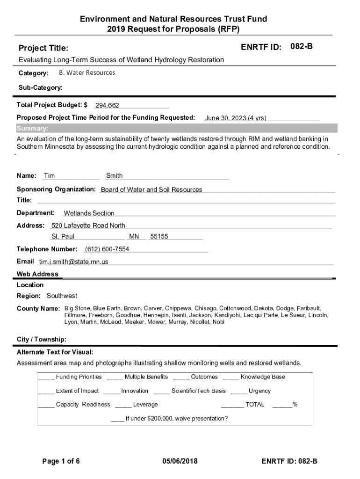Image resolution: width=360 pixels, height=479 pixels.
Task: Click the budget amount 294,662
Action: click(107, 106)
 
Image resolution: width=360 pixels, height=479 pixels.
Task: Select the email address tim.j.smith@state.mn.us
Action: click(73, 262)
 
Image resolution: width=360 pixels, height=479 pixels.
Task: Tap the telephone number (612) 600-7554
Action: click(107, 249)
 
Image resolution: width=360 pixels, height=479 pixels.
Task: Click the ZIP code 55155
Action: click(159, 237)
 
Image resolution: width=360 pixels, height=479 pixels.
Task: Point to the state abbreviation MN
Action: click(134, 237)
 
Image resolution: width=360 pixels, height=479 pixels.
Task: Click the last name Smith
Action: click(115, 176)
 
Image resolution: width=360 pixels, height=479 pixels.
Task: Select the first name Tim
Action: click(49, 176)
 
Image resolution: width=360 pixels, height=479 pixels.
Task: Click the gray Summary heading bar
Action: click(177, 129)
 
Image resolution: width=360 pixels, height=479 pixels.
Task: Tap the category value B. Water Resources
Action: click(87, 73)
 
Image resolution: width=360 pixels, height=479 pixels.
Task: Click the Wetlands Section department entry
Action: click(89, 213)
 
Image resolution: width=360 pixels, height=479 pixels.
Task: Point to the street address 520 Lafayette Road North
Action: click(88, 225)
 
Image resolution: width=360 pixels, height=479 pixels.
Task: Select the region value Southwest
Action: click(62, 296)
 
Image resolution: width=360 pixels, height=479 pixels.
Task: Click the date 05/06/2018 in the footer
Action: click(180, 461)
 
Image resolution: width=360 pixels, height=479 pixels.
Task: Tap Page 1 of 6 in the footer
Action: click(61, 461)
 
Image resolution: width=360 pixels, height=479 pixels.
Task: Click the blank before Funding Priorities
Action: click(46, 377)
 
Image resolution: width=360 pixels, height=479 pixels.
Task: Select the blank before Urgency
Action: click(238, 392)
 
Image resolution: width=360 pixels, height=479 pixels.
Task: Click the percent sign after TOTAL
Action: click(295, 405)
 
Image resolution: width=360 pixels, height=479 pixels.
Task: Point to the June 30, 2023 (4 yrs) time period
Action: click(236, 118)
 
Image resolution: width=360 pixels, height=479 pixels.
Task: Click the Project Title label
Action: click(43, 48)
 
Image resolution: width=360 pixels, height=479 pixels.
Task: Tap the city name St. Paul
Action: click(63, 237)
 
